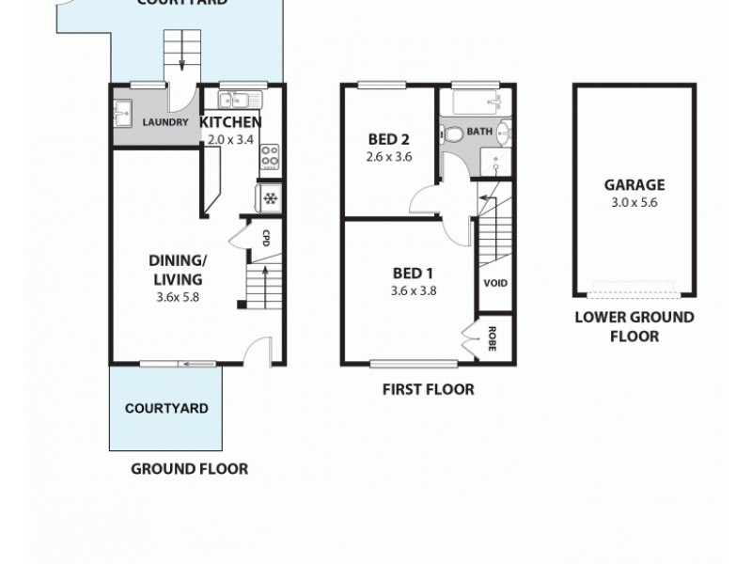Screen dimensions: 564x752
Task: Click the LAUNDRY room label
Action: (x=165, y=122)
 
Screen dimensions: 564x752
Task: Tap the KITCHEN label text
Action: (x=230, y=122)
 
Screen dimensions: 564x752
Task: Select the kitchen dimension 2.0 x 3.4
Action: (x=230, y=139)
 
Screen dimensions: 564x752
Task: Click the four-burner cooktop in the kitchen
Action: (x=269, y=155)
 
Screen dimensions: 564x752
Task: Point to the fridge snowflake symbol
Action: (x=270, y=198)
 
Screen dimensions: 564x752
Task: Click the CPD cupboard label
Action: (x=266, y=237)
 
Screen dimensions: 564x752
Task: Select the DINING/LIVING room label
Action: (x=178, y=269)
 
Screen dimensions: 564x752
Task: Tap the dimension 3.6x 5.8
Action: (x=178, y=297)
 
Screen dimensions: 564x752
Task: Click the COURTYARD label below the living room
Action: (x=166, y=409)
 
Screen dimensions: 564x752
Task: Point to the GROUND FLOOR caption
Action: (x=189, y=468)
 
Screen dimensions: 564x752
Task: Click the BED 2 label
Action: (x=388, y=140)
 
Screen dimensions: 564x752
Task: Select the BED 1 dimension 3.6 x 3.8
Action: (x=414, y=290)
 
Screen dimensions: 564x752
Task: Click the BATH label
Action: (x=479, y=132)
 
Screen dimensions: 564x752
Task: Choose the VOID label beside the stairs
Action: (x=494, y=283)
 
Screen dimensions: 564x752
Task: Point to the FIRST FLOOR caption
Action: (x=428, y=389)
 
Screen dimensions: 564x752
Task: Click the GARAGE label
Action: (x=634, y=185)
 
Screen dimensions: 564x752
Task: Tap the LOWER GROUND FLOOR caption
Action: (x=634, y=326)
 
